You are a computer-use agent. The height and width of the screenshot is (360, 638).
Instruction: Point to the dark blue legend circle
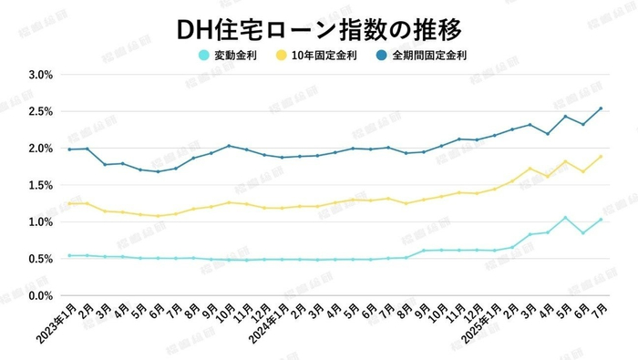[x=378, y=55]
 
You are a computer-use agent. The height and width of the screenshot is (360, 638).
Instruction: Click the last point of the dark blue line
[x=601, y=108]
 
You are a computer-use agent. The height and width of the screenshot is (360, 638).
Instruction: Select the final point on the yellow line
[x=601, y=156]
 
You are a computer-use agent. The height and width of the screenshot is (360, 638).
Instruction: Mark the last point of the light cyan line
[x=601, y=219]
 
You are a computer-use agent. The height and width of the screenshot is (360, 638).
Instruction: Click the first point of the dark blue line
[x=69, y=149]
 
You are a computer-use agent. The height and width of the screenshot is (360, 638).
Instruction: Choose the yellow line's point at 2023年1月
[x=69, y=203]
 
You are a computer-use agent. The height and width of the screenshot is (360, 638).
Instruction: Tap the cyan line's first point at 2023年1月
[x=69, y=255]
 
